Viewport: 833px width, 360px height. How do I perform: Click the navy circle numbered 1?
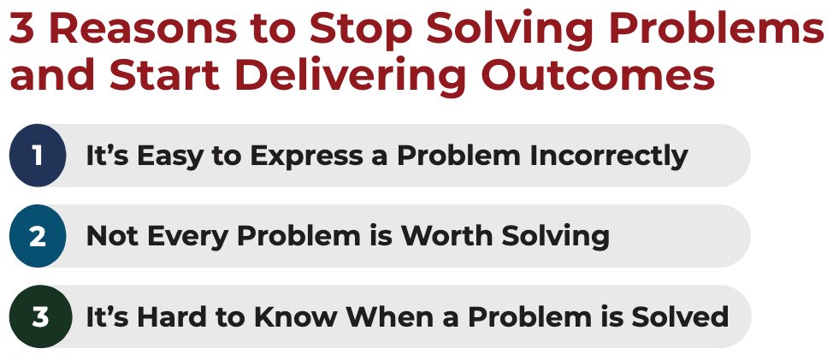click(x=38, y=156)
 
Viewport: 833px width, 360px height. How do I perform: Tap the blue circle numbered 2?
click(x=38, y=236)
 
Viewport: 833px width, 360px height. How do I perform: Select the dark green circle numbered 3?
click(x=38, y=317)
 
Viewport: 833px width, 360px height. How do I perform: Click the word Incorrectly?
click(x=609, y=156)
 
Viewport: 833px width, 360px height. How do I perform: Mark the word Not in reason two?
click(x=109, y=236)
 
